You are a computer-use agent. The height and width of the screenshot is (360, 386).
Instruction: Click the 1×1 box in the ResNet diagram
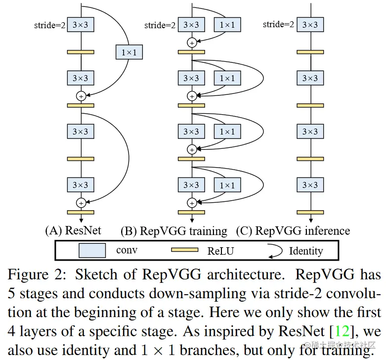(x=129, y=51)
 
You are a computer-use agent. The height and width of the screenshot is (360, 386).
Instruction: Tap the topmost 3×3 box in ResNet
(x=81, y=25)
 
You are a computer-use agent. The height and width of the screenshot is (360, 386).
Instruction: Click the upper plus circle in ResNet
(x=81, y=95)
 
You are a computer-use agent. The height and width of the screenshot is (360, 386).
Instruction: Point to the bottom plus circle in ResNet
(x=81, y=202)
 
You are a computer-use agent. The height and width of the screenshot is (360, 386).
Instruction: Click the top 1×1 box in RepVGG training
(x=227, y=25)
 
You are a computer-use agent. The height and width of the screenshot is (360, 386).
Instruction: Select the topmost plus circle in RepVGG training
(x=191, y=43)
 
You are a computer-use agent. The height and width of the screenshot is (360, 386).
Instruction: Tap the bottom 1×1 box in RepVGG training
(x=227, y=185)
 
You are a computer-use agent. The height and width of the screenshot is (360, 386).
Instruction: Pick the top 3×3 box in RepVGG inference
(x=310, y=25)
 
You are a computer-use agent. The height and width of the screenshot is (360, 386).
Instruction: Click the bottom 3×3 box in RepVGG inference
(x=310, y=185)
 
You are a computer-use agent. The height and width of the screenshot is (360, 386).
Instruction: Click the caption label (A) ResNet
(x=73, y=231)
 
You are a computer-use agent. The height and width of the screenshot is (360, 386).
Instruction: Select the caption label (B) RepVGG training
(x=174, y=231)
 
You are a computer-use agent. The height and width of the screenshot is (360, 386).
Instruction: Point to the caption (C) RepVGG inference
(x=293, y=231)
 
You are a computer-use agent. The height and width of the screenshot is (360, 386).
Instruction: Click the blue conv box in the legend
(x=92, y=250)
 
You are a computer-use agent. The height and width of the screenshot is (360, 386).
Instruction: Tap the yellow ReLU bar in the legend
(x=187, y=250)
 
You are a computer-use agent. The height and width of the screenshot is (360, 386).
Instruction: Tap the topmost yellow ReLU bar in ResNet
(x=81, y=51)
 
